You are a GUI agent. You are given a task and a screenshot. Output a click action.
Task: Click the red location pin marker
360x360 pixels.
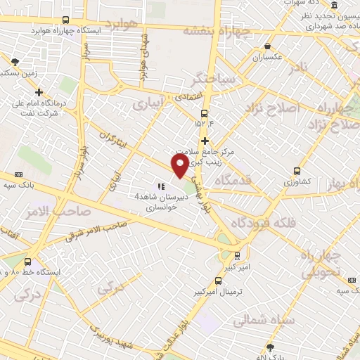tap(180, 165)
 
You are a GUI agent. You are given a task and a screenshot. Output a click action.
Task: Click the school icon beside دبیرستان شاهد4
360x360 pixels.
tap(161, 187)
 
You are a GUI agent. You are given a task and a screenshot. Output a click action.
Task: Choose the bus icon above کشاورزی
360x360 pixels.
tap(297, 171)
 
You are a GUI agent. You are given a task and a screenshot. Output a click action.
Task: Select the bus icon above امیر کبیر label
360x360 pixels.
tap(237, 255)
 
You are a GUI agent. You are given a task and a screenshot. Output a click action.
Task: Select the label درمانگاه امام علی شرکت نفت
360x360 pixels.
tap(39, 109)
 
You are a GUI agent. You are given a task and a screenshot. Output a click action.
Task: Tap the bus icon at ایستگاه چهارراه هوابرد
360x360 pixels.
tap(65, 20)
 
